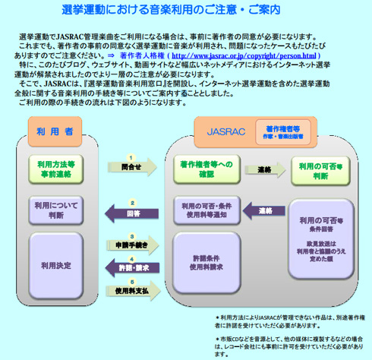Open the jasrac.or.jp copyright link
pos(244,55)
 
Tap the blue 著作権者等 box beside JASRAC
pos(281,130)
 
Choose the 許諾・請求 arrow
pos(133,267)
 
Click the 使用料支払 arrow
pos(133,289)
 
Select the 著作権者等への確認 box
pos(206,169)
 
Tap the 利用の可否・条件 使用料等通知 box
pos(206,211)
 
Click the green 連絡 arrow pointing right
pos(264,169)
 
